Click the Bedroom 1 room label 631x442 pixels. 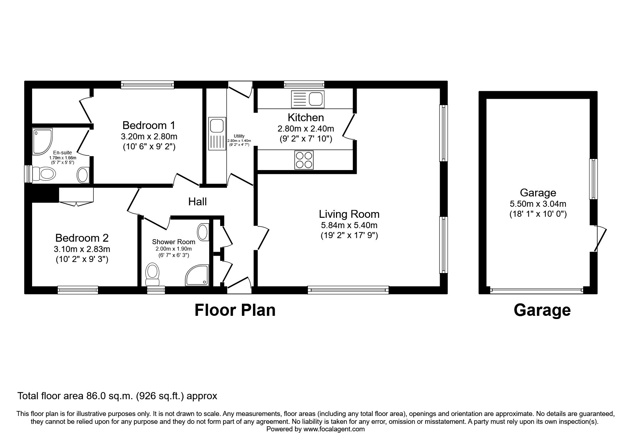tap(149, 125)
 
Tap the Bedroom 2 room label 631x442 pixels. tap(82, 238)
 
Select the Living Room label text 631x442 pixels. tap(349, 214)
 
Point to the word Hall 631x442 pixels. tap(197, 202)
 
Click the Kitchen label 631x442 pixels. tap(306, 117)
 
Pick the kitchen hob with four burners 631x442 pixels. tap(304, 160)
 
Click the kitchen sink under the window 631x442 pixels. tap(308, 99)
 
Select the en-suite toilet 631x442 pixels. tap(44, 174)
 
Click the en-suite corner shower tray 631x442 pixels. tap(42, 141)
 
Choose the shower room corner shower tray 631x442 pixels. tap(197, 275)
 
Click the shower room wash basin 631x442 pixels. tap(203, 232)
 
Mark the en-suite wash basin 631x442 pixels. tap(83, 175)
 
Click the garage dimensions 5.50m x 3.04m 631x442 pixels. tap(538, 204)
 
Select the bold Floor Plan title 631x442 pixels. tap(235, 310)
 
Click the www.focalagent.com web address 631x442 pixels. tap(334, 429)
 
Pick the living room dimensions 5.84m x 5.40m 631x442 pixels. tap(349, 225)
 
